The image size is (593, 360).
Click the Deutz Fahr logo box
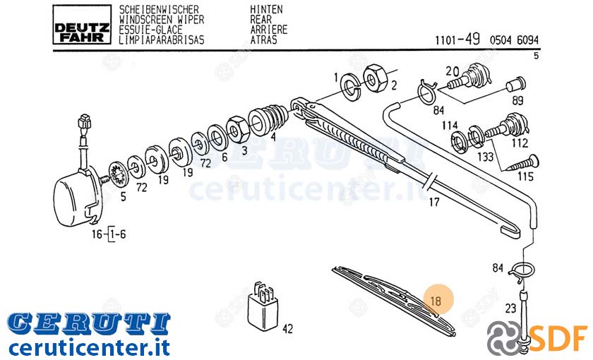(x=82, y=25)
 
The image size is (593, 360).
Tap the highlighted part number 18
(x=436, y=301)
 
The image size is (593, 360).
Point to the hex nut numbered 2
(x=375, y=78)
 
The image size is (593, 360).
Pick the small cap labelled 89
(x=516, y=85)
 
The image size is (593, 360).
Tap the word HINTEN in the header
(x=266, y=9)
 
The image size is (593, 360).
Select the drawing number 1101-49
(x=457, y=39)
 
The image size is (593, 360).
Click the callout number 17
(x=433, y=203)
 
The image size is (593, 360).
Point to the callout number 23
(x=510, y=308)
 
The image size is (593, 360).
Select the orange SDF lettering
(x=558, y=337)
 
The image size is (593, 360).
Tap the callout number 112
(x=520, y=143)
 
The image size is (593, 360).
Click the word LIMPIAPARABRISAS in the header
(x=162, y=40)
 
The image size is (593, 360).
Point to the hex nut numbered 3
(x=237, y=129)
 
